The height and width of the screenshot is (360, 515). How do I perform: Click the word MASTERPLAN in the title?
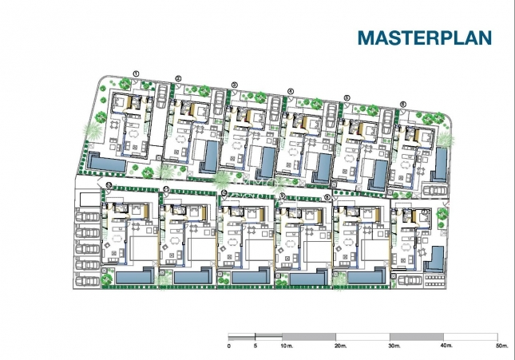pos(423,37)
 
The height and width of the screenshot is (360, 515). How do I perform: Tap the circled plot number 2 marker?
pos(179,78)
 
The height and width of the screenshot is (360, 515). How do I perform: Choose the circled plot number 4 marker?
pos(290,91)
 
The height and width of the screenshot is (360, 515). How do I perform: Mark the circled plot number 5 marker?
pos(347,97)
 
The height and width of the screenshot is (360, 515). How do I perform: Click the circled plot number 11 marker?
pos(165,189)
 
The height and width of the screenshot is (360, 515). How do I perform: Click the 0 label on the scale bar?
pos(229,347)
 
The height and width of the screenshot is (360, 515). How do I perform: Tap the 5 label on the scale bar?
pos(256,347)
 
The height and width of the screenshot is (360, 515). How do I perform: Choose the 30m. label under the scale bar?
pos(394,347)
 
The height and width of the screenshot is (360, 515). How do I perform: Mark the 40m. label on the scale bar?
pos(448,347)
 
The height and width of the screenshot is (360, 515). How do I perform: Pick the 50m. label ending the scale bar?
pos(501,347)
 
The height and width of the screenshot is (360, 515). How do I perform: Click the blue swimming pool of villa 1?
pos(105,163)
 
